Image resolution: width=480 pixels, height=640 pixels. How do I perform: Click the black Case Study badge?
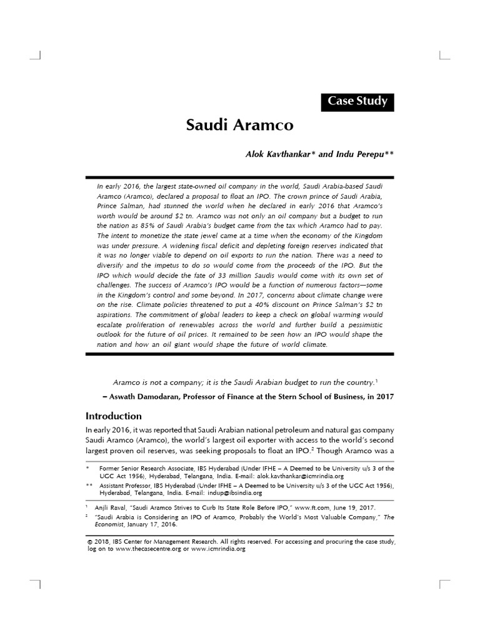(357, 101)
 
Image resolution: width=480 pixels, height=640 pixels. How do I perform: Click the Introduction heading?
(113, 416)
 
